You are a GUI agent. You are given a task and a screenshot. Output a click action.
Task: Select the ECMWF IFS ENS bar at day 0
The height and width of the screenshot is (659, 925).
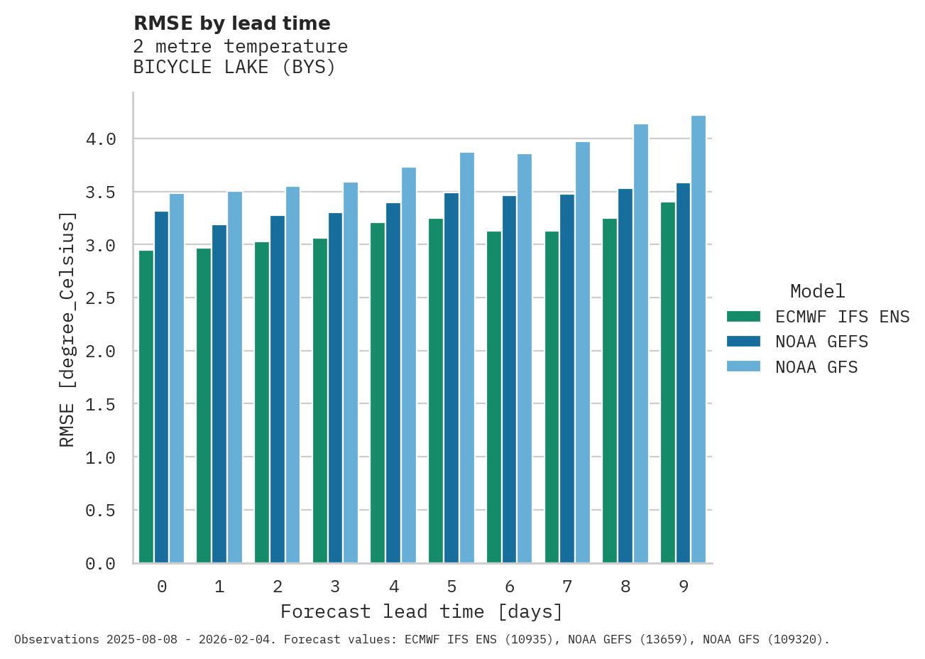[x=146, y=406]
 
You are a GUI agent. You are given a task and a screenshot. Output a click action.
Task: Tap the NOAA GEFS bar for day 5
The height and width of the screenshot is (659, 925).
[x=451, y=378]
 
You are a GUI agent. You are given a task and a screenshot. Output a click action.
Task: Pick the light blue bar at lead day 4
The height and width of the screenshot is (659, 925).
[x=409, y=365]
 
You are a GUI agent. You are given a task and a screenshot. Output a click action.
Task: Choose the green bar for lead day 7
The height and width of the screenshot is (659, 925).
[x=552, y=397]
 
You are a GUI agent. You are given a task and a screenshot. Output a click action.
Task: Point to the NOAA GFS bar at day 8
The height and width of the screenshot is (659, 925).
[x=641, y=344]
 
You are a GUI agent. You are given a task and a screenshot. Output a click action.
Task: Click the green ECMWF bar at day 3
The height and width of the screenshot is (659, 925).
[x=320, y=401]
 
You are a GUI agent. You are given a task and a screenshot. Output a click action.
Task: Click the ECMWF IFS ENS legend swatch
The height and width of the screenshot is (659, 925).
[x=743, y=316]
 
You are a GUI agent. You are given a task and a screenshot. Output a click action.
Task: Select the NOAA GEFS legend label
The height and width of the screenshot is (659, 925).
[x=821, y=342]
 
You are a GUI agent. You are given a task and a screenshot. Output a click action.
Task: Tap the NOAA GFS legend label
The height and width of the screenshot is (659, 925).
[x=816, y=367]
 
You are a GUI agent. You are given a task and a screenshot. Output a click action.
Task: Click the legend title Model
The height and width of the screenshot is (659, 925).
[x=817, y=291]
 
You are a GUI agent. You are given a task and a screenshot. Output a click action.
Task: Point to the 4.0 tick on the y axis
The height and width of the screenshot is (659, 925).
[x=101, y=139]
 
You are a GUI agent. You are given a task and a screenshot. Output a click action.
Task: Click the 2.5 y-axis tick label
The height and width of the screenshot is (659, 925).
[x=101, y=298]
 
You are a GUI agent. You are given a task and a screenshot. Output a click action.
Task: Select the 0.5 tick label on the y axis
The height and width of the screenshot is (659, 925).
[x=101, y=511]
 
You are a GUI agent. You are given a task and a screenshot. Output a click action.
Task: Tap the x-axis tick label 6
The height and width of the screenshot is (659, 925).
[x=510, y=587]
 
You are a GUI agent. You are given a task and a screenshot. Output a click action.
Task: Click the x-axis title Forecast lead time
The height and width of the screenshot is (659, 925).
[x=422, y=611]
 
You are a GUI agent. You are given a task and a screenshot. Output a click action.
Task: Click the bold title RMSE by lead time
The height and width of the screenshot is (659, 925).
[x=232, y=23]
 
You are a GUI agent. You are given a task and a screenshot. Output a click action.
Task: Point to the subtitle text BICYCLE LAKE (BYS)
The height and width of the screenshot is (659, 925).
[x=234, y=67]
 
